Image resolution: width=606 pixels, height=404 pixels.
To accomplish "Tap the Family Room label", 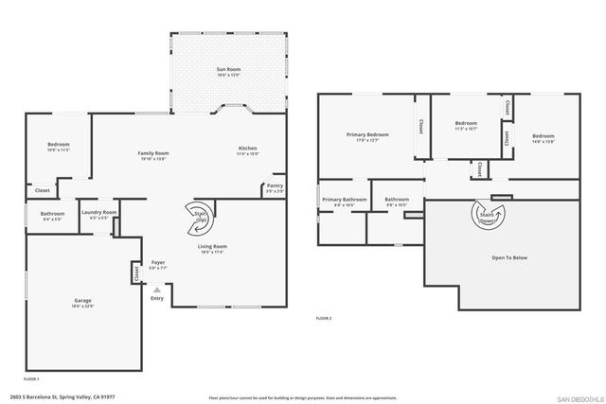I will click(x=152, y=154).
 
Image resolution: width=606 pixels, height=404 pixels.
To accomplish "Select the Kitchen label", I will click(x=247, y=149).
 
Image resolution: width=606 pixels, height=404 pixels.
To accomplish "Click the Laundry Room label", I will click(x=98, y=213).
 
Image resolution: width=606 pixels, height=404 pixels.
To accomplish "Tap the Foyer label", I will click(x=158, y=265).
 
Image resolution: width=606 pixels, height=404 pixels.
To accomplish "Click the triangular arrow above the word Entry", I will click(x=157, y=289).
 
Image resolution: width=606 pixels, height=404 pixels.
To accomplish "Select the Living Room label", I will click(x=212, y=249).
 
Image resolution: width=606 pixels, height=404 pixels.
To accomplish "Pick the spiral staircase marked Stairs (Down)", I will click(x=491, y=216).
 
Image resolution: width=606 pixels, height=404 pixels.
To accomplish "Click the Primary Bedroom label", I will click(x=365, y=136).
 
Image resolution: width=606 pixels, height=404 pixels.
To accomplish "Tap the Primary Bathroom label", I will click(x=344, y=201).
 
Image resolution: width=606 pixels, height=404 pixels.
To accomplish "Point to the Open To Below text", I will click(x=509, y=257).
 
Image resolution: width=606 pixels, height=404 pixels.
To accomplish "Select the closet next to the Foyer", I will click(x=135, y=272).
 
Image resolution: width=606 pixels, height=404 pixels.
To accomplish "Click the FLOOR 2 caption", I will click(x=324, y=318).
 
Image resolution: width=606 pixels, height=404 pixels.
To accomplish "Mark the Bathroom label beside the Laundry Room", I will click(x=52, y=215).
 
